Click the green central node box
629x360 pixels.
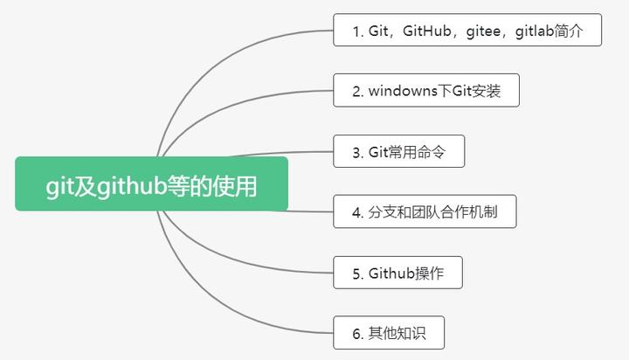[151, 183]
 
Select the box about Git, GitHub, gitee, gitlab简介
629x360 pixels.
[469, 31]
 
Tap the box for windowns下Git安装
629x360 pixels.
[426, 91]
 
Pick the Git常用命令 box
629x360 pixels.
[398, 151]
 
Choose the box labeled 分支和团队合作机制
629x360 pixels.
[425, 211]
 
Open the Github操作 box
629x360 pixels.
[397, 273]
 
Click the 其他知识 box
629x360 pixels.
[389, 333]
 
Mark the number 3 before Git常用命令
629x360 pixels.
[356, 152]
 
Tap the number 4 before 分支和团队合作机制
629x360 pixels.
[356, 212]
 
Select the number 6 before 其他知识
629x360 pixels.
[356, 334]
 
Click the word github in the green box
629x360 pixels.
[131, 185]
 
